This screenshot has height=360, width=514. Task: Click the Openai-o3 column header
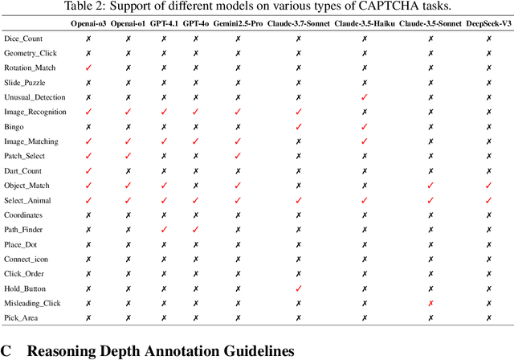[x=88, y=24]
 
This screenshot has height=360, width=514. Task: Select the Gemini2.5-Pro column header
[x=237, y=24]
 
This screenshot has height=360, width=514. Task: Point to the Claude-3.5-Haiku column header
[x=364, y=24]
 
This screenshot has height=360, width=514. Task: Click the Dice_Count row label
[x=24, y=39]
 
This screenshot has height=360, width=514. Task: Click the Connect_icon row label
[x=27, y=259]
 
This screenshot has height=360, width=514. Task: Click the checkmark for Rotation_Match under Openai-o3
[x=88, y=67]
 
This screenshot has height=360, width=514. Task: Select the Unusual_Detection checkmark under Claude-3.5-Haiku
[x=364, y=97]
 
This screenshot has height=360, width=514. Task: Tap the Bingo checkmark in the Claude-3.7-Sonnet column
[x=298, y=127]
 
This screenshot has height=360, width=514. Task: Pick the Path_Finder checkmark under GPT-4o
[x=194, y=230]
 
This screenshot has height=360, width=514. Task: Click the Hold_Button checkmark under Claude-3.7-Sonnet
[x=298, y=288]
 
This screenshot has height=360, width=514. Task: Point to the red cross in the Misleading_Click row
[x=430, y=304]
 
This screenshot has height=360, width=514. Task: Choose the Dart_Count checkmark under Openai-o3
[x=88, y=171]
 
